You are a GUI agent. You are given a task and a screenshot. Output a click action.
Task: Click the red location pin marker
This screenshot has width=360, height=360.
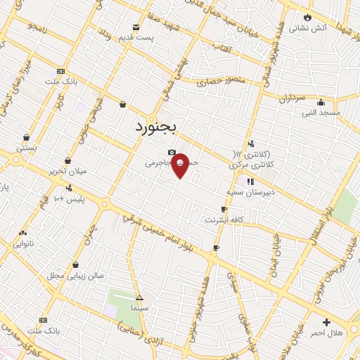coord(180,165)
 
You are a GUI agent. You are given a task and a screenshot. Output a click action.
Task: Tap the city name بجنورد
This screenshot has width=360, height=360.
coord(157,128)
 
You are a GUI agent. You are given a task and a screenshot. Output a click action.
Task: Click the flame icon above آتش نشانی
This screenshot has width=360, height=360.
coord(307,18)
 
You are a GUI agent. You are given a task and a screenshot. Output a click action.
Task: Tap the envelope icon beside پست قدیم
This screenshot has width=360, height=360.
coord(136,27)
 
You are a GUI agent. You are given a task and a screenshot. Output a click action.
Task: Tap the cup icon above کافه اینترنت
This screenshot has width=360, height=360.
coord(224,209)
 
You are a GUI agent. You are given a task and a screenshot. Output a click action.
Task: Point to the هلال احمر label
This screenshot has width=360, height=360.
coord(329,332)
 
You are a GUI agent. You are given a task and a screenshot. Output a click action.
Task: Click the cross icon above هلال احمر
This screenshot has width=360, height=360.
coord(326,321)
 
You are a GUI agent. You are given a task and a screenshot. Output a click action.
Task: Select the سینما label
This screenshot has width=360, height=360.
coord(139,307)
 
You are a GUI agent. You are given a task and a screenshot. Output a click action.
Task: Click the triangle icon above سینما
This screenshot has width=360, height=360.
coord(139,297)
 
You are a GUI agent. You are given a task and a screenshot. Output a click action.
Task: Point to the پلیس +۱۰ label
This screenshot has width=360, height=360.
coord(69,199)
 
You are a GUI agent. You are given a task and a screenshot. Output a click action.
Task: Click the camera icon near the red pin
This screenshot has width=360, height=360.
coord(171,153)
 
